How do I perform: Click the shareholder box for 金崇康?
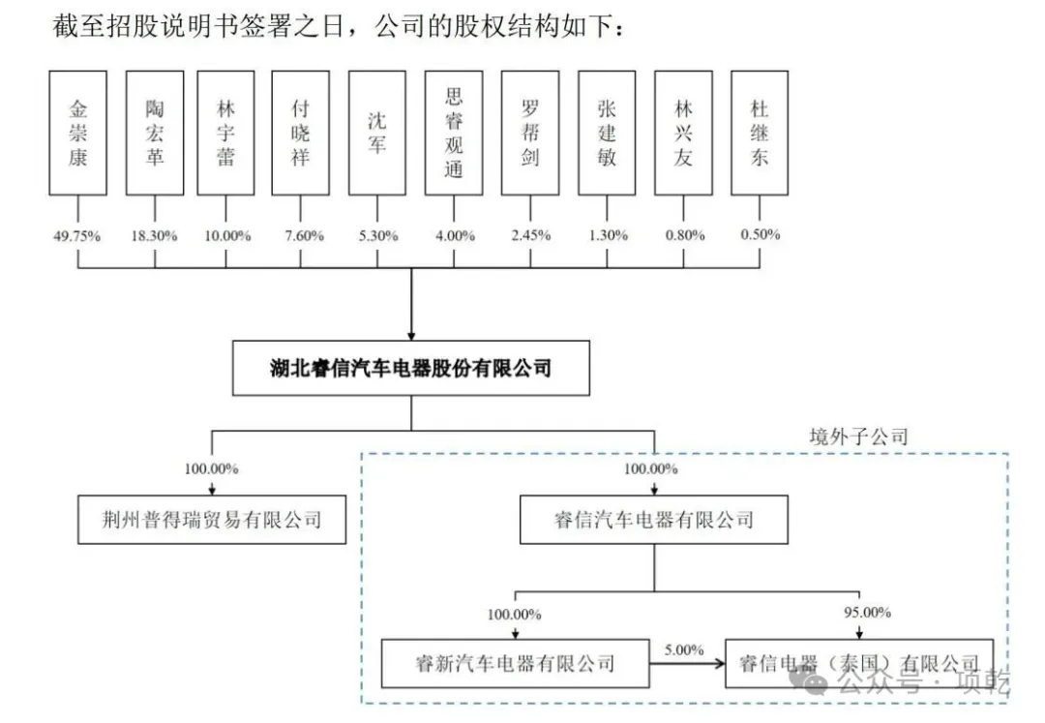[x=77, y=133]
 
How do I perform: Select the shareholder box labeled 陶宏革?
[x=154, y=133]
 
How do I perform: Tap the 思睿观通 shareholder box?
[x=454, y=133]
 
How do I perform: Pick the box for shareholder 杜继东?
[x=760, y=133]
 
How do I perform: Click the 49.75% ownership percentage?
[x=77, y=235]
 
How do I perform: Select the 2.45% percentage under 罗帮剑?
[x=531, y=235]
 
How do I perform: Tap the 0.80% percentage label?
[x=683, y=235]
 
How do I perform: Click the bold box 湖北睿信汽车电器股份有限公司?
[x=410, y=369]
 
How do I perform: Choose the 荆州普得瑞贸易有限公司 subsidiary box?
[x=213, y=520]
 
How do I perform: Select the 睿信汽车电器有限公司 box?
[x=653, y=520]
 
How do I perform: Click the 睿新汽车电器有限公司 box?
[x=515, y=663]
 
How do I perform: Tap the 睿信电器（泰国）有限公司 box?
[x=859, y=663]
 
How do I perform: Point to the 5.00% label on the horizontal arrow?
[x=684, y=649]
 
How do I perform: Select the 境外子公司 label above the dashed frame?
[x=859, y=437]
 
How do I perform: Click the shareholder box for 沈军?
[x=377, y=133]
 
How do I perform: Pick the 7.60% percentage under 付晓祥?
[x=301, y=235]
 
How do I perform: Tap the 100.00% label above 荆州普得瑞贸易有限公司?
[x=212, y=469]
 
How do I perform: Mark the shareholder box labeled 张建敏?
[x=607, y=133]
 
